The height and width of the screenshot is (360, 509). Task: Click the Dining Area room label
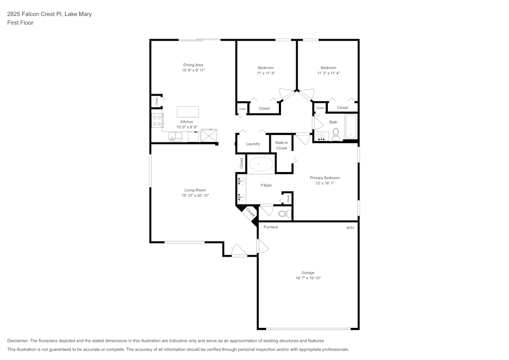tap(193, 65)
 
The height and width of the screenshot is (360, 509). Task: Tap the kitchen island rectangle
tap(188, 112)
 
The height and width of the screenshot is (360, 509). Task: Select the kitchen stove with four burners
tap(157, 121)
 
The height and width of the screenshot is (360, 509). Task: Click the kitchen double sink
tap(176, 136)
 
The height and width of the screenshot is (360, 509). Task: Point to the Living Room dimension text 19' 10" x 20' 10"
tap(195, 196)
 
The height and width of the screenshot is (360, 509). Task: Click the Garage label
tap(308, 272)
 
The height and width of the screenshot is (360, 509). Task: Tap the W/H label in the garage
tap(350, 228)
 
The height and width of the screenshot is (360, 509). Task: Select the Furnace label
tap(271, 227)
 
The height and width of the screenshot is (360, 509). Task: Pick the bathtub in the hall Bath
tap(351, 127)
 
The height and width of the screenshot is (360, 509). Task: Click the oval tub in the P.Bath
tap(260, 164)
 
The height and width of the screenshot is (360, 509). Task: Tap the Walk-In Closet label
tap(281, 145)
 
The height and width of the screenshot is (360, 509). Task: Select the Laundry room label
tap(253, 144)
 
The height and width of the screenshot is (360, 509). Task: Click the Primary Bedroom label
tap(325, 178)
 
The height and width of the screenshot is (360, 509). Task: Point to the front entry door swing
tap(239, 251)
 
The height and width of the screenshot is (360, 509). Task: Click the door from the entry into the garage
tap(263, 246)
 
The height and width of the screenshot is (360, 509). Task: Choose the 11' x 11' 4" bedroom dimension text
tap(266, 73)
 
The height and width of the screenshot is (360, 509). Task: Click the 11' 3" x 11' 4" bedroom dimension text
tap(328, 73)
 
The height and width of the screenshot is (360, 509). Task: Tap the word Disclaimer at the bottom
tap(18, 341)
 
